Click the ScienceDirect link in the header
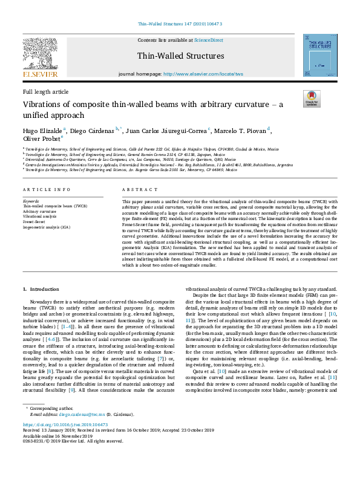(208, 40)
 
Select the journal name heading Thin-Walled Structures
(180, 56)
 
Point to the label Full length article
(45, 91)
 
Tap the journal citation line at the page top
(180, 24)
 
